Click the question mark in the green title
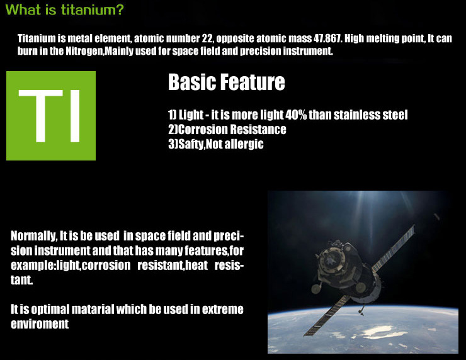[x=118, y=10]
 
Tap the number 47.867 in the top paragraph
[x=327, y=38]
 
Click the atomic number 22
[x=208, y=38]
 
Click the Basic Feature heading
[x=227, y=82]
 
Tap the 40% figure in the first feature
[x=296, y=115]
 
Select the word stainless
[x=356, y=115]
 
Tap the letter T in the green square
[x=41, y=116]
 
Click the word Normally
[x=33, y=236]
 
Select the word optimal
[x=50, y=309]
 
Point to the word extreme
[x=222, y=309]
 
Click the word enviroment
[x=40, y=323]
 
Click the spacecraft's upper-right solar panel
[x=394, y=249]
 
